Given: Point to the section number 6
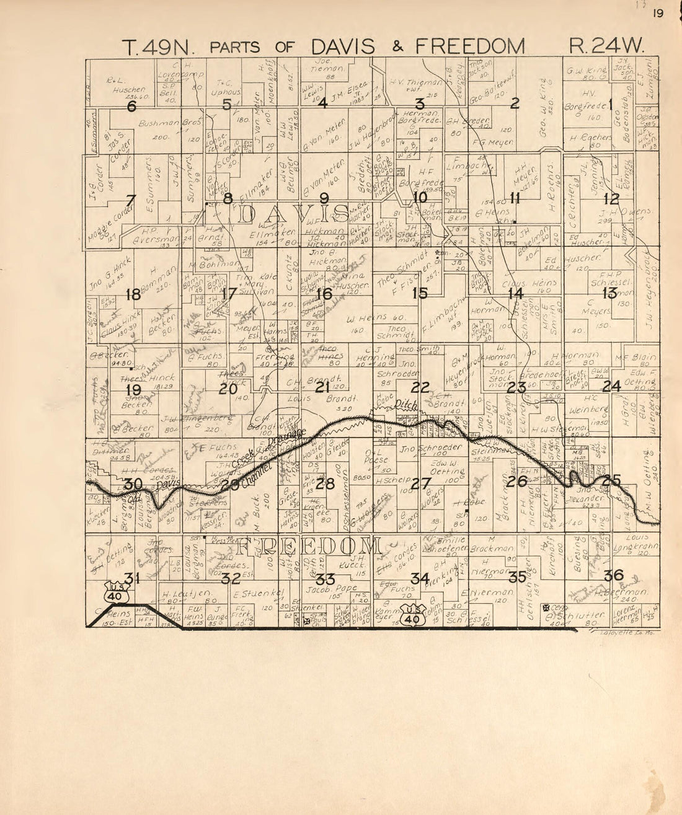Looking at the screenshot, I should [x=131, y=106].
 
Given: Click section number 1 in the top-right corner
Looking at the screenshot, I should [x=610, y=104].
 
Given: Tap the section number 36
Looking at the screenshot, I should [x=613, y=575].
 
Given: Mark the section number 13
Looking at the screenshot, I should [x=609, y=293].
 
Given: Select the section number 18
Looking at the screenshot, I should [x=133, y=294].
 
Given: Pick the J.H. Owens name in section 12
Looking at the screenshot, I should [x=622, y=213].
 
